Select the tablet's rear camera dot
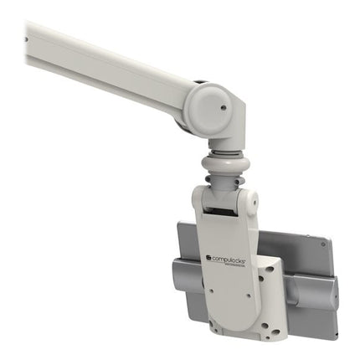[x=322, y=246]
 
